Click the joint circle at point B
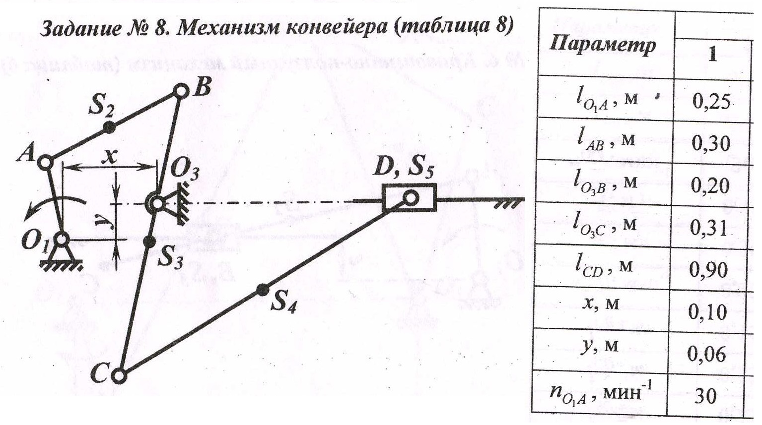pos(181,91)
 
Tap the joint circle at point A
pos(45,163)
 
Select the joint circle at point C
pos(119,376)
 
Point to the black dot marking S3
pos(148,242)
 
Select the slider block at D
pos(409,198)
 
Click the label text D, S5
pos(403,168)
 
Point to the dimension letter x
pos(110,157)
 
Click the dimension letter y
pos(100,221)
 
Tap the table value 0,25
pos(711,102)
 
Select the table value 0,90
pos(708,270)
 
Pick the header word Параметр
pos(602,46)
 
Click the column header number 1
pos(712,55)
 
